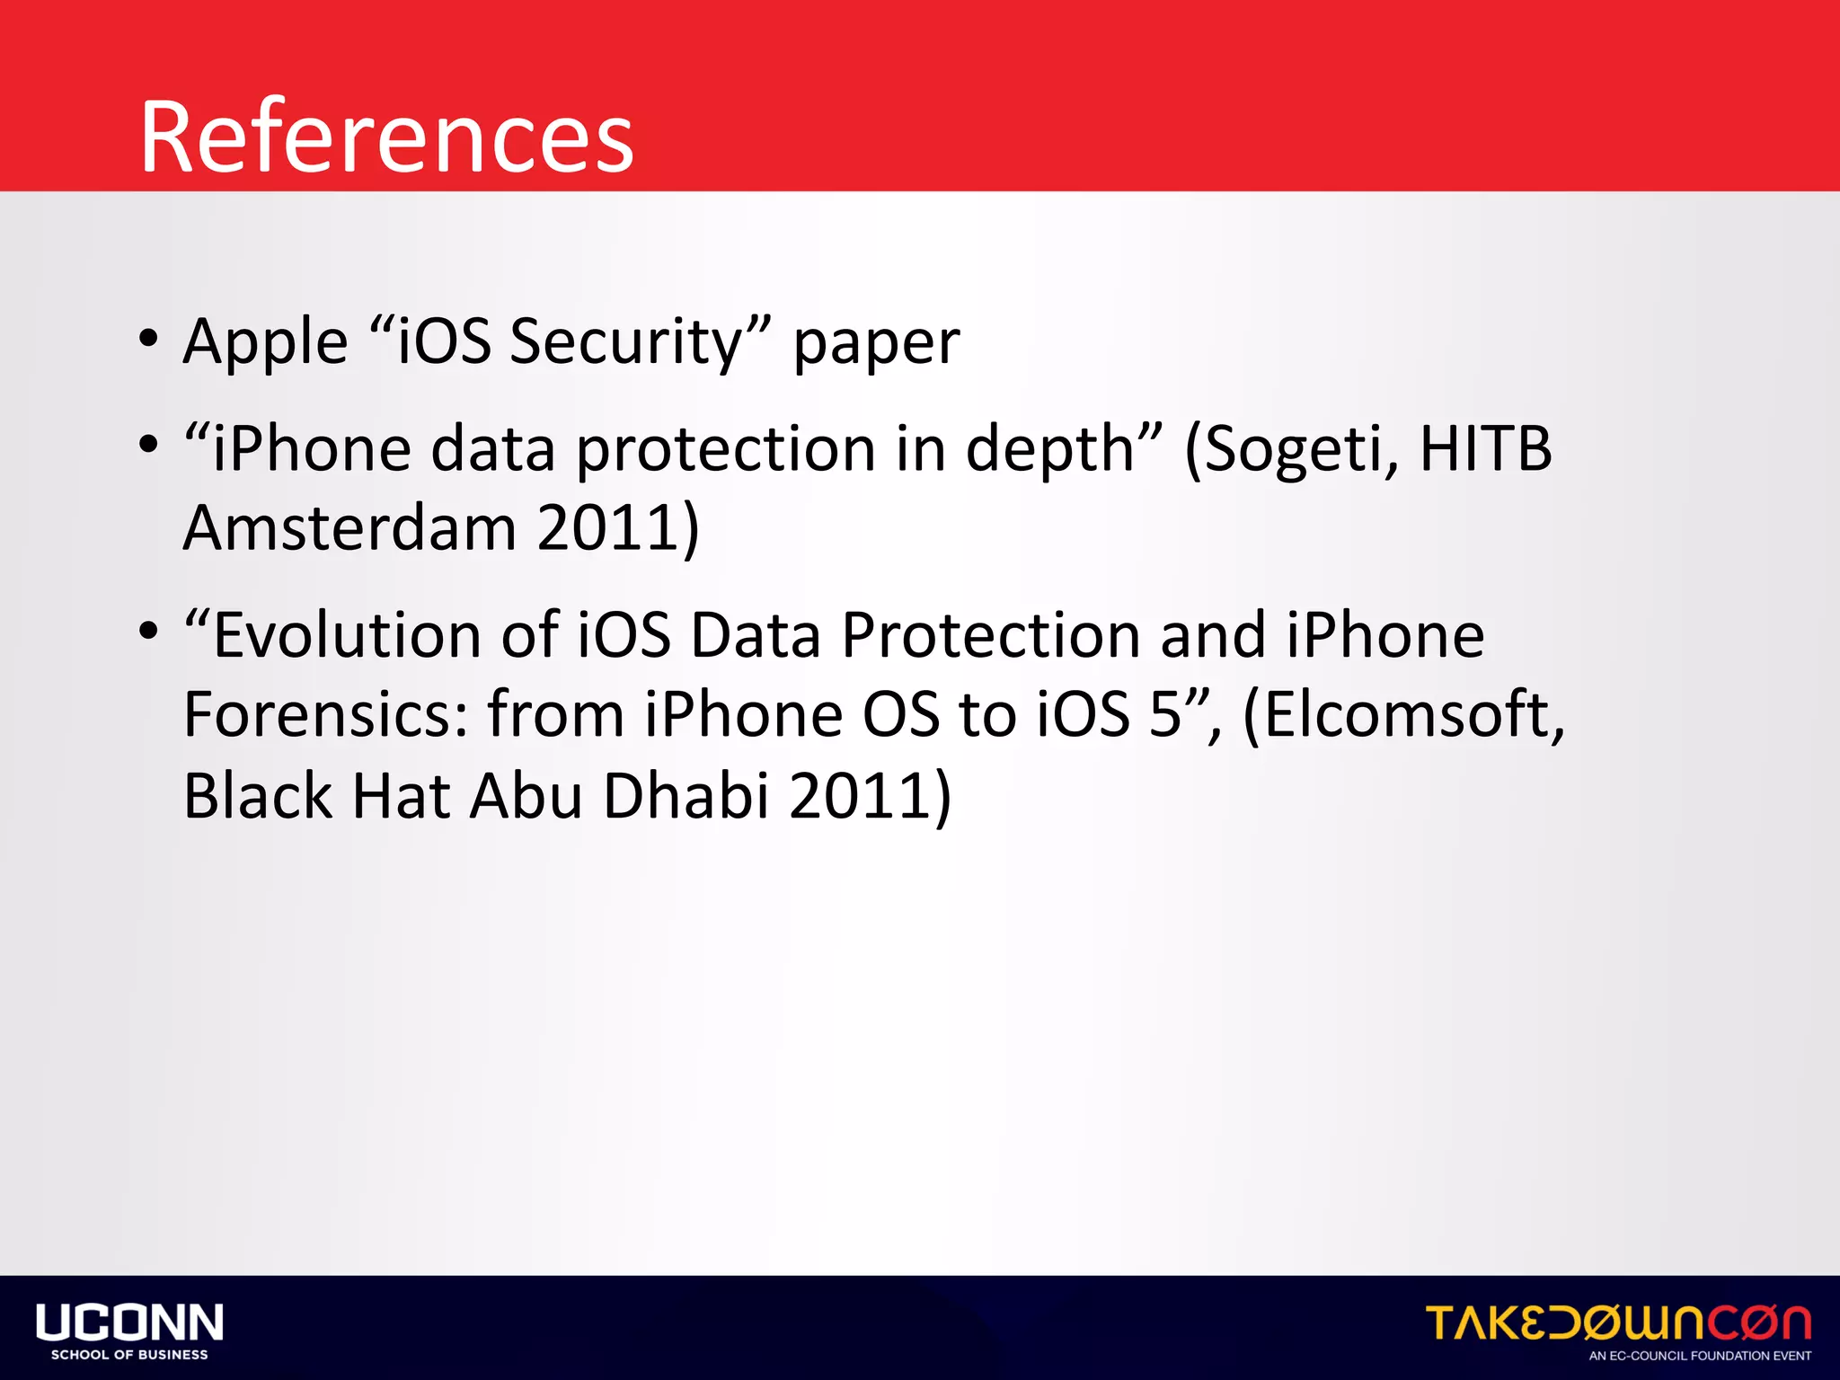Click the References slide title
[386, 137]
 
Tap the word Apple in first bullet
[265, 343]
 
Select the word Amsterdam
[350, 527]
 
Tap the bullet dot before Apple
[148, 340]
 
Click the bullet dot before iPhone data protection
[148, 445]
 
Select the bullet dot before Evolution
[148, 632]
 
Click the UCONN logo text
[129, 1322]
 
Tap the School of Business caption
[129, 1355]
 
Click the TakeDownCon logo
[1618, 1322]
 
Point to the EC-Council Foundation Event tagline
[1700, 1356]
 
